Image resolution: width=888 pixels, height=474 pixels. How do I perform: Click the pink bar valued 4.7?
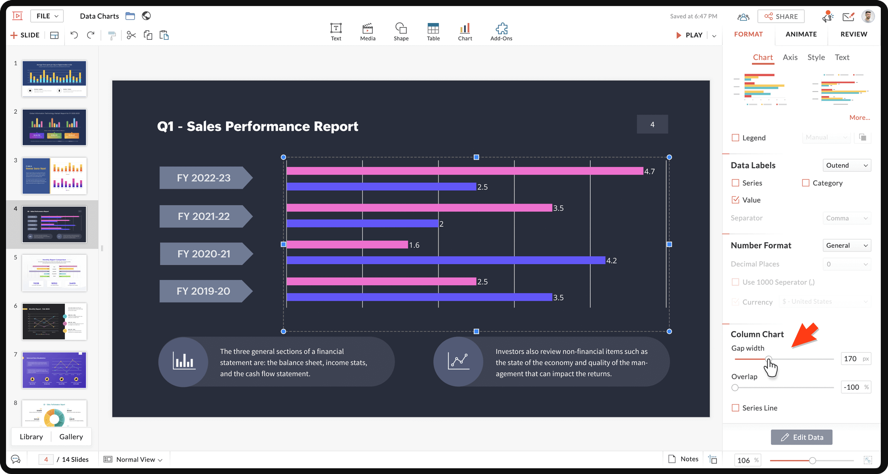465,171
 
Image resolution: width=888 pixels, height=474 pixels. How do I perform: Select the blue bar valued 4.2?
446,261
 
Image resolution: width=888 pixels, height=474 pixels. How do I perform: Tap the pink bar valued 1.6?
347,245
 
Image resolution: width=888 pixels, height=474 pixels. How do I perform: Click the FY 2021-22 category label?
204,216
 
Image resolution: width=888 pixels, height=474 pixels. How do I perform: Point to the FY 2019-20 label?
203,291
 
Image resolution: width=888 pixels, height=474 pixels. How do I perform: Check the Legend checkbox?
735,138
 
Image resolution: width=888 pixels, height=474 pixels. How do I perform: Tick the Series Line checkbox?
735,408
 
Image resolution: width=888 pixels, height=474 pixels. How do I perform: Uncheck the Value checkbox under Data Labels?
735,200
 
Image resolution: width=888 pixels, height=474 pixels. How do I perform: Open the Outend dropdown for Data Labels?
847,165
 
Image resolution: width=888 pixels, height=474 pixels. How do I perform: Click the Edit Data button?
801,437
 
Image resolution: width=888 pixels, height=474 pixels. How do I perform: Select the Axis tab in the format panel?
790,57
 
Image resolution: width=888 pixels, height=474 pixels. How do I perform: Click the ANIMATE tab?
801,34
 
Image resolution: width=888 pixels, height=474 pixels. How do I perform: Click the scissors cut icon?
131,35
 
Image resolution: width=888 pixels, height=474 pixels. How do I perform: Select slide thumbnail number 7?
54,370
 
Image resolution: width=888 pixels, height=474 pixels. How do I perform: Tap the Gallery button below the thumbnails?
71,437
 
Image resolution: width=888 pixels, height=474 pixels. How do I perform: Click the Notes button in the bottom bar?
683,459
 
